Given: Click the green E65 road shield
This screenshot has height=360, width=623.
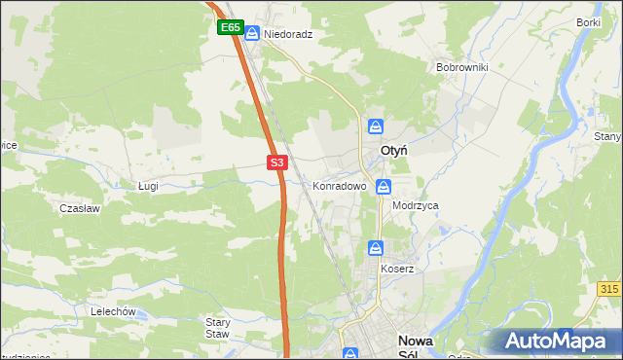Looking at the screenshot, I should click(230, 28).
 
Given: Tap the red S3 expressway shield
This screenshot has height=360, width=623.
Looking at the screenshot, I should click(277, 162).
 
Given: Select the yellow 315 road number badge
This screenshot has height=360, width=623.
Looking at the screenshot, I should click(609, 290).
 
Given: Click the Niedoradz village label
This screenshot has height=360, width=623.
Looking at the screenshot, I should click(288, 34).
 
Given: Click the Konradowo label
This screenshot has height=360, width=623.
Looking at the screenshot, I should click(339, 185).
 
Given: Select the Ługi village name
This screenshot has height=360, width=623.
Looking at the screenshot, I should click(148, 185).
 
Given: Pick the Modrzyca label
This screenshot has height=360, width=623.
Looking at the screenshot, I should click(416, 206).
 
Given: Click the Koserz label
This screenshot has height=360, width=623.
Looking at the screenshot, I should click(397, 268).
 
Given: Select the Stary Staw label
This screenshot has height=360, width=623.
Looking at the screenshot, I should click(217, 327).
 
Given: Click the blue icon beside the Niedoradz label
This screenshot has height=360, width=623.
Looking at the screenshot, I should click(252, 34).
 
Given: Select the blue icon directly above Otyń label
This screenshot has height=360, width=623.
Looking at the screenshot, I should click(376, 127).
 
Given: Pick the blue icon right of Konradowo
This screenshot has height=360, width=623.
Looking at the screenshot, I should click(385, 186).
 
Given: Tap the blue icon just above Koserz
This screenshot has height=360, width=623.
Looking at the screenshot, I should click(376, 249).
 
